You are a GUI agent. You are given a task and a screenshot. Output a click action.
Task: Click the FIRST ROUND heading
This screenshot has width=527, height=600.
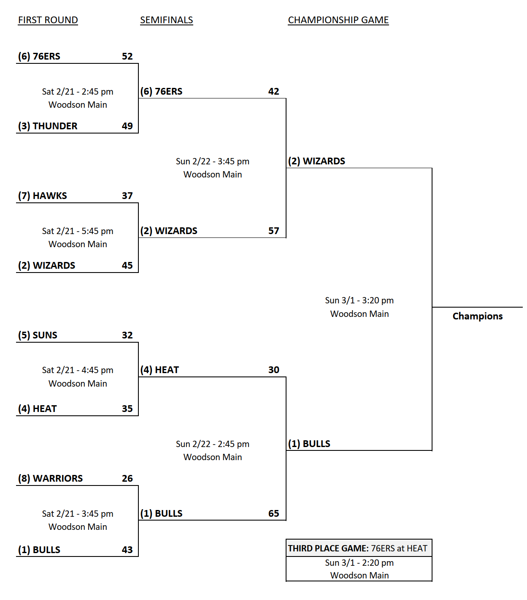click(48, 20)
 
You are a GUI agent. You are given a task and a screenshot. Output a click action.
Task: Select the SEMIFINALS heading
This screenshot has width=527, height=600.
click(166, 20)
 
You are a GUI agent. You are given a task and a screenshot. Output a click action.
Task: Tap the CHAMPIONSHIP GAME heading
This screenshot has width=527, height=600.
click(338, 20)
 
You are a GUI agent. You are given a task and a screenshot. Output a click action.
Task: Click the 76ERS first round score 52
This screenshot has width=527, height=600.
click(127, 56)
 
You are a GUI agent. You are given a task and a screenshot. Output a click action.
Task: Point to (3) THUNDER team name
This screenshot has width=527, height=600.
click(48, 126)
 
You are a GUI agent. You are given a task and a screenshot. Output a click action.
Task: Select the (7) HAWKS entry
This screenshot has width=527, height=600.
click(42, 196)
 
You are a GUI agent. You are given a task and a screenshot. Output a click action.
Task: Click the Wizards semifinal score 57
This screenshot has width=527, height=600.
click(273, 231)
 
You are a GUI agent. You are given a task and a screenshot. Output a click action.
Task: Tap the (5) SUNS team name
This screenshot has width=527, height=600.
click(38, 335)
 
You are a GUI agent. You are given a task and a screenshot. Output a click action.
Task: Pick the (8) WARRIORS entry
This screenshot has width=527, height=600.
click(50, 478)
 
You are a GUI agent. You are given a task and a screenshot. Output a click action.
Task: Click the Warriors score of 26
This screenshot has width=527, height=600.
click(127, 478)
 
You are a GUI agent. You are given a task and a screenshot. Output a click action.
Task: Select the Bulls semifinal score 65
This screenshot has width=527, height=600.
click(273, 513)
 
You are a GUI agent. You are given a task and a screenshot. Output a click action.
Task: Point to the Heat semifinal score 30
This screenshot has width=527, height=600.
click(273, 370)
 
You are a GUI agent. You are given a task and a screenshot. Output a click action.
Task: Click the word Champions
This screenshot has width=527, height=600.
click(477, 316)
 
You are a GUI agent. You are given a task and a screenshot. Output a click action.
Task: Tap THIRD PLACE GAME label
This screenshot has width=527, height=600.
click(328, 548)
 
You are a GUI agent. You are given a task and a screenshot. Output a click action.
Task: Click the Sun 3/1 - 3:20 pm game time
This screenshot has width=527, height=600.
click(359, 300)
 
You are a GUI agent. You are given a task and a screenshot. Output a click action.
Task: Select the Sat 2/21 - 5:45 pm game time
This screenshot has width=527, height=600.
click(78, 231)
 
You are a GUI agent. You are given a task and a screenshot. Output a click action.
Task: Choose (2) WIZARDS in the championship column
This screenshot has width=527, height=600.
click(316, 161)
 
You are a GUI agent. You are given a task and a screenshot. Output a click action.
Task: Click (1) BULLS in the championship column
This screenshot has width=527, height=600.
click(309, 444)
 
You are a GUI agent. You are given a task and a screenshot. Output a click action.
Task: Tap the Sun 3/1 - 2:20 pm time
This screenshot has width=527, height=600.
click(359, 563)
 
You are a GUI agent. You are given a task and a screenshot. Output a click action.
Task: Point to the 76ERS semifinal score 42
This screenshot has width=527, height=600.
click(273, 91)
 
